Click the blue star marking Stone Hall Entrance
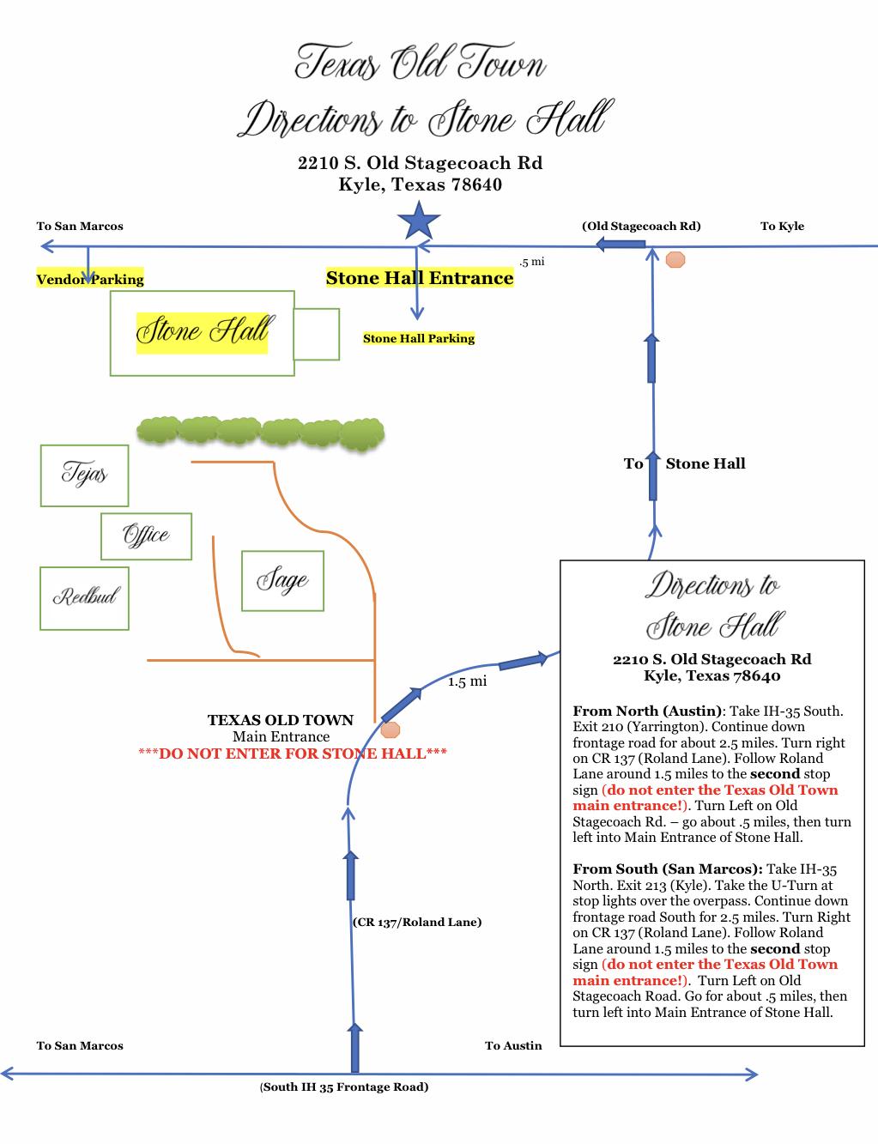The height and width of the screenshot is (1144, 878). (419, 221)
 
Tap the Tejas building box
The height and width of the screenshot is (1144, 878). (84, 475)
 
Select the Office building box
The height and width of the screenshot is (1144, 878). (146, 536)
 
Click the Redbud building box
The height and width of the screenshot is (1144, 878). (84, 597)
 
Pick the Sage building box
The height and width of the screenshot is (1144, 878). (282, 581)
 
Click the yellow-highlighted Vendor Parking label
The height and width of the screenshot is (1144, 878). (90, 279)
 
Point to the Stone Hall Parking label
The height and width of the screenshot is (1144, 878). (419, 338)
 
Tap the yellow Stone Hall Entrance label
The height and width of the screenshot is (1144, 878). (420, 278)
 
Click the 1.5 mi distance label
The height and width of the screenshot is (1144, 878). (467, 681)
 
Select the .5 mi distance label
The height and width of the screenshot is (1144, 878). (531, 262)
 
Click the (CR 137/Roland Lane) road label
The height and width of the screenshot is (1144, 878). (417, 922)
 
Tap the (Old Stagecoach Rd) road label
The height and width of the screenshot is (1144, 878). (641, 226)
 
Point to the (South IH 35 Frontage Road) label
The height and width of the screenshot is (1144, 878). (344, 1086)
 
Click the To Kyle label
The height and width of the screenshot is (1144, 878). (782, 226)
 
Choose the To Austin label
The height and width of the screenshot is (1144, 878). (513, 1045)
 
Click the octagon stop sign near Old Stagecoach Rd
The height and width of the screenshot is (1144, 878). (675, 259)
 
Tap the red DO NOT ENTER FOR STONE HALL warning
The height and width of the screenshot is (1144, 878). (293, 754)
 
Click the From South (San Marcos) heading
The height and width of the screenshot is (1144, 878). (668, 869)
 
